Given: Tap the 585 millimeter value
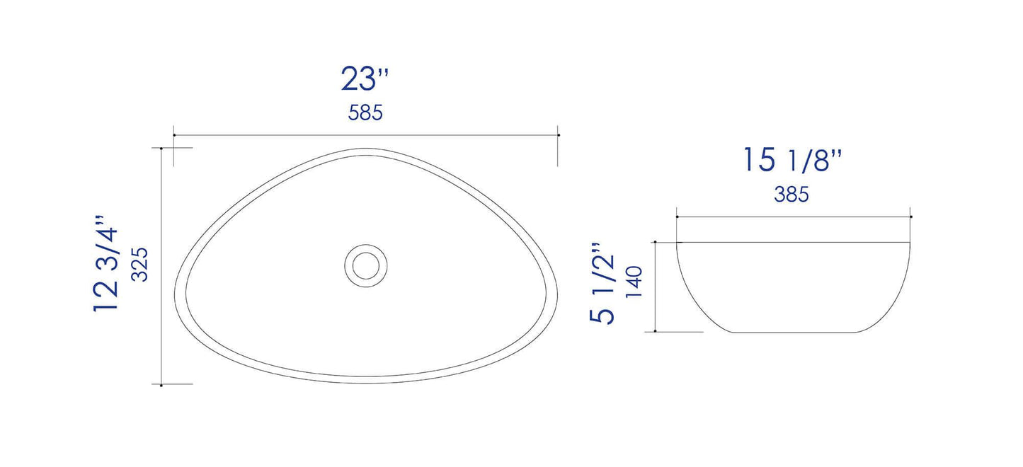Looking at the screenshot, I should (365, 113).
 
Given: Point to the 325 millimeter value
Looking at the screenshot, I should (139, 265).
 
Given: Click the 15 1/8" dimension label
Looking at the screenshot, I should (791, 161).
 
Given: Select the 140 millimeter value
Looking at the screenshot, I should (634, 282).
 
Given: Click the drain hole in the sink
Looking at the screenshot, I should (366, 265).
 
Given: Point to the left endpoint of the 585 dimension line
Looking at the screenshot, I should (174, 134).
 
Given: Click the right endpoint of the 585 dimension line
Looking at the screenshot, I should (559, 134).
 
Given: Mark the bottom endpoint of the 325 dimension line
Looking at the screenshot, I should (162, 385).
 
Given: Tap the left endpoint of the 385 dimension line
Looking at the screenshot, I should (678, 217).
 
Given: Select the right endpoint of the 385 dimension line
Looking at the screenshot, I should (910, 217).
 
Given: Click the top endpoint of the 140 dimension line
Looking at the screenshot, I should (656, 242).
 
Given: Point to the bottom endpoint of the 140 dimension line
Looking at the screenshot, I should (656, 331).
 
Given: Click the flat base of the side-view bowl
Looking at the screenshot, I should (794, 332).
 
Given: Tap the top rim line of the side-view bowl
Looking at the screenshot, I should (794, 242).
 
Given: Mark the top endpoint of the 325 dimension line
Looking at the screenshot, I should (162, 149).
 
